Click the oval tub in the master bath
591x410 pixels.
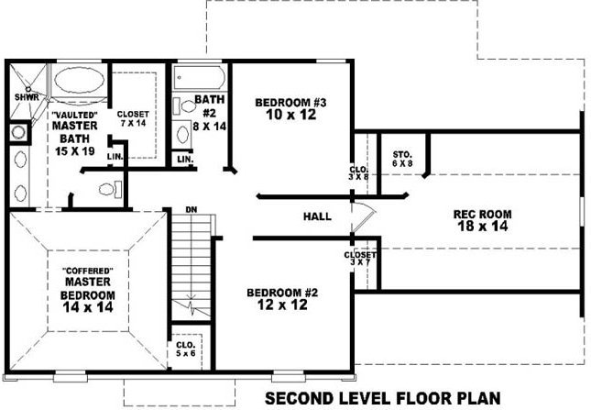(x=80, y=80)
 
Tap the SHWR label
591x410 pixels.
(x=27, y=97)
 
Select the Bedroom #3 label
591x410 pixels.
(x=290, y=102)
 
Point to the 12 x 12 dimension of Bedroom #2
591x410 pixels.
(x=283, y=305)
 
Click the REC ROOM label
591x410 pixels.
(x=483, y=215)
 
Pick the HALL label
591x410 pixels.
(x=317, y=216)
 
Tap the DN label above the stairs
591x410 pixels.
(x=192, y=209)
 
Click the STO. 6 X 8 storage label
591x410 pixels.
(x=402, y=159)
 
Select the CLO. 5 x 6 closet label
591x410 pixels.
(x=186, y=349)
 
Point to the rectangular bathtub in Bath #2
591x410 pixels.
(x=200, y=77)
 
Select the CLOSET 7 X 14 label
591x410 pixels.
(x=133, y=118)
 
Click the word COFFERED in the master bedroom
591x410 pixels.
(x=88, y=271)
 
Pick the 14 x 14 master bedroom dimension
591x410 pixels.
(x=88, y=307)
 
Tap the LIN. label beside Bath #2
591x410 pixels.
(x=185, y=160)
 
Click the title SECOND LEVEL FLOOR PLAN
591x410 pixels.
(x=383, y=398)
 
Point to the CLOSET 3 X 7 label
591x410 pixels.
(x=360, y=259)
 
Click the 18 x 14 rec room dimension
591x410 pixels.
(x=483, y=227)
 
